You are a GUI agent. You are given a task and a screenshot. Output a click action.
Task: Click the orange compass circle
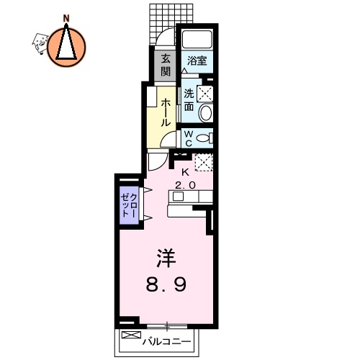pos(67,44)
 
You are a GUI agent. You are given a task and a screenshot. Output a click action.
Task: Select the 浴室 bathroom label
pos(197,60)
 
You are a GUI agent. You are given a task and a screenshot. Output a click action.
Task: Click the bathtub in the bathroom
pos(197,40)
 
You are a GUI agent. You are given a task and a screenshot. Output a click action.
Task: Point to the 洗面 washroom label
pos(189,99)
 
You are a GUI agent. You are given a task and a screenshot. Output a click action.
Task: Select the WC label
pos(186,138)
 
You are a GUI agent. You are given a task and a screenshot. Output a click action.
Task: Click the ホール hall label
pos(166,114)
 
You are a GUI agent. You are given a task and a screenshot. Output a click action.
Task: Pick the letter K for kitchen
pos(185,172)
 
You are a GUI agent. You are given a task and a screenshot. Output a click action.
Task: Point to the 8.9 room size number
pos(168,284)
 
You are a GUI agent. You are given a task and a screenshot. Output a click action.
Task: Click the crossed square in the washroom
pos(205,93)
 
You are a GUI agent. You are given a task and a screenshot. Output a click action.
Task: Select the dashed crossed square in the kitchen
pos(204,163)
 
